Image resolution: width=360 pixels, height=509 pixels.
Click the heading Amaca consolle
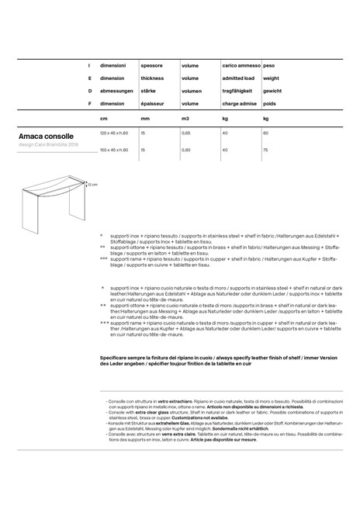coord(47,136)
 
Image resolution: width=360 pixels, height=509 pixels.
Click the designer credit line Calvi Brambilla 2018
coord(48,145)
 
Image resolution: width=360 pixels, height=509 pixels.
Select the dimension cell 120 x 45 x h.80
coord(114,133)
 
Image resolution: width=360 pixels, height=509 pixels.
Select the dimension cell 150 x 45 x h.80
coord(114,150)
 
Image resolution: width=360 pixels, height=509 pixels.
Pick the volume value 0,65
coord(186,133)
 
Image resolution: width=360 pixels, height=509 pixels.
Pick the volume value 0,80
coord(186,150)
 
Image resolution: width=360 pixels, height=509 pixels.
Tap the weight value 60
coord(265,133)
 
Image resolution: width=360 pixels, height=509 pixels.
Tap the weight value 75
coord(265,150)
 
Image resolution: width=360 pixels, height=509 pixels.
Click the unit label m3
coord(185,119)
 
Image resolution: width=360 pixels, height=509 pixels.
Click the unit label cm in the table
coord(103,119)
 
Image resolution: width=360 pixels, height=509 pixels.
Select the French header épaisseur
coord(152,102)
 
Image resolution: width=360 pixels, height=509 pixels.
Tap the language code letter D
coord(89,91)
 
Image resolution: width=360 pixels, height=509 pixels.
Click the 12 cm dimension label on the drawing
coord(92,185)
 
